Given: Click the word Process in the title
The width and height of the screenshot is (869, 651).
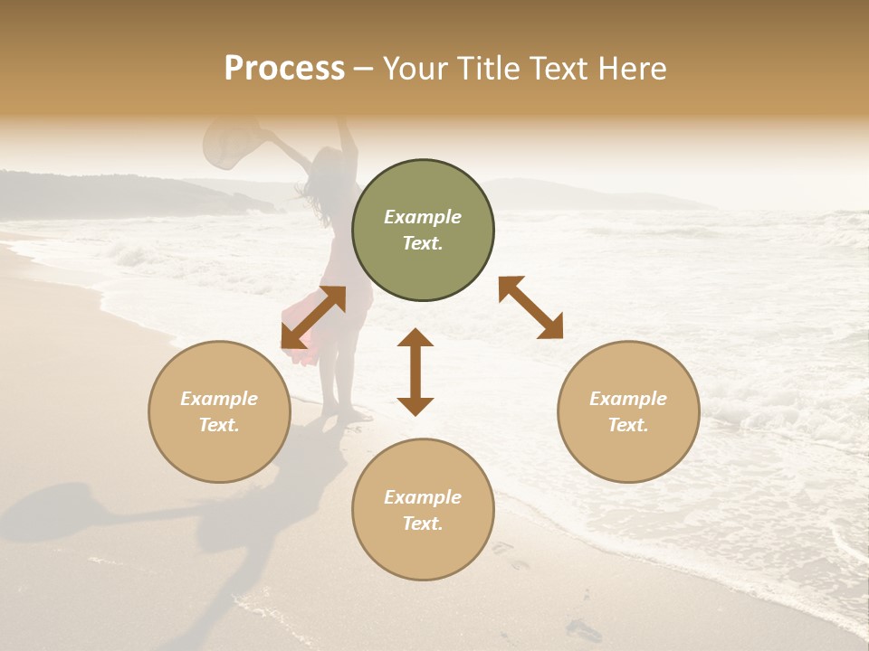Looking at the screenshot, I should tap(284, 69).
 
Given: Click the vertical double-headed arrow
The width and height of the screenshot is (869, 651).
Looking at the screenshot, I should tap(415, 372).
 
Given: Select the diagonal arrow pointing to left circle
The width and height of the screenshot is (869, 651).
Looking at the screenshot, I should tap(313, 317).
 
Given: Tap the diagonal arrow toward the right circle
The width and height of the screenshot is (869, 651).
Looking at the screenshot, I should tap(531, 308).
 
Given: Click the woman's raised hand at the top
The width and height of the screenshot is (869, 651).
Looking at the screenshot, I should tap(341, 121).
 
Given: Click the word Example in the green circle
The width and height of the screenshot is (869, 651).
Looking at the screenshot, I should tap(423, 217).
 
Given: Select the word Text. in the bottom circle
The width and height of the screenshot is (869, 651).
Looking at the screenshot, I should tap(423, 524).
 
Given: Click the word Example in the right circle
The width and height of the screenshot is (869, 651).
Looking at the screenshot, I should tap(628, 399).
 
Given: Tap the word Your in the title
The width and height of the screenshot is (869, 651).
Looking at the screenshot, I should tap(413, 69).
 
